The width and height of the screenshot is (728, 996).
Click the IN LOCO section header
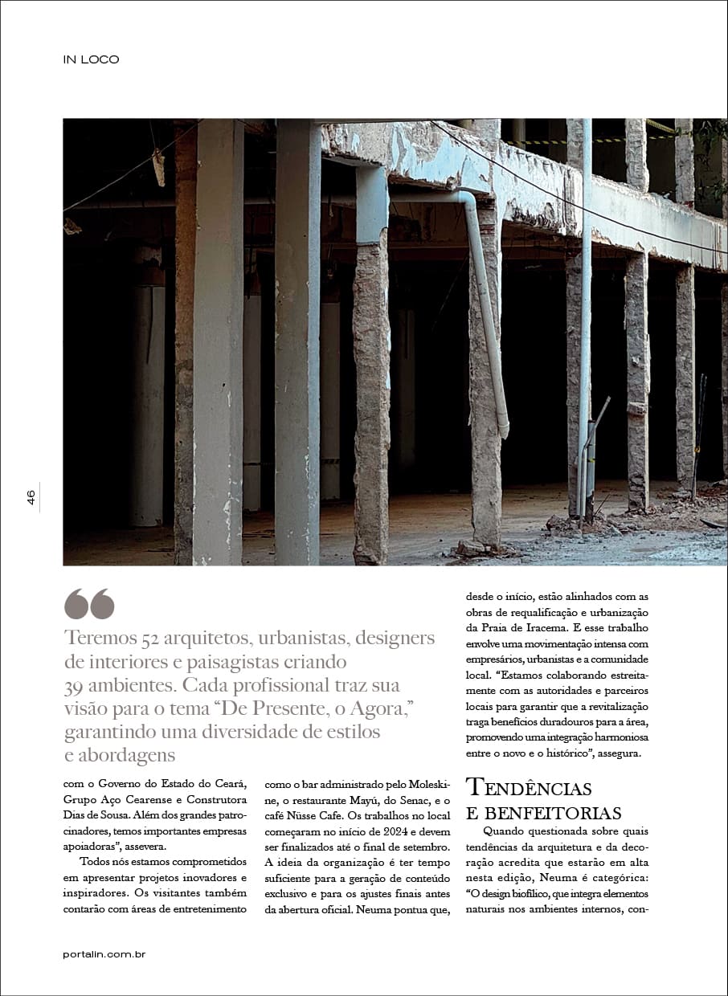click(91, 59)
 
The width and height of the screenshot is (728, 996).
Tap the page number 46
click(31, 498)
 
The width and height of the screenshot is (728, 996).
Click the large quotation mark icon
click(89, 604)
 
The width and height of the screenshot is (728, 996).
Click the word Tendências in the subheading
click(529, 787)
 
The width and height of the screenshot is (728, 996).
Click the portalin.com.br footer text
click(104, 954)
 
